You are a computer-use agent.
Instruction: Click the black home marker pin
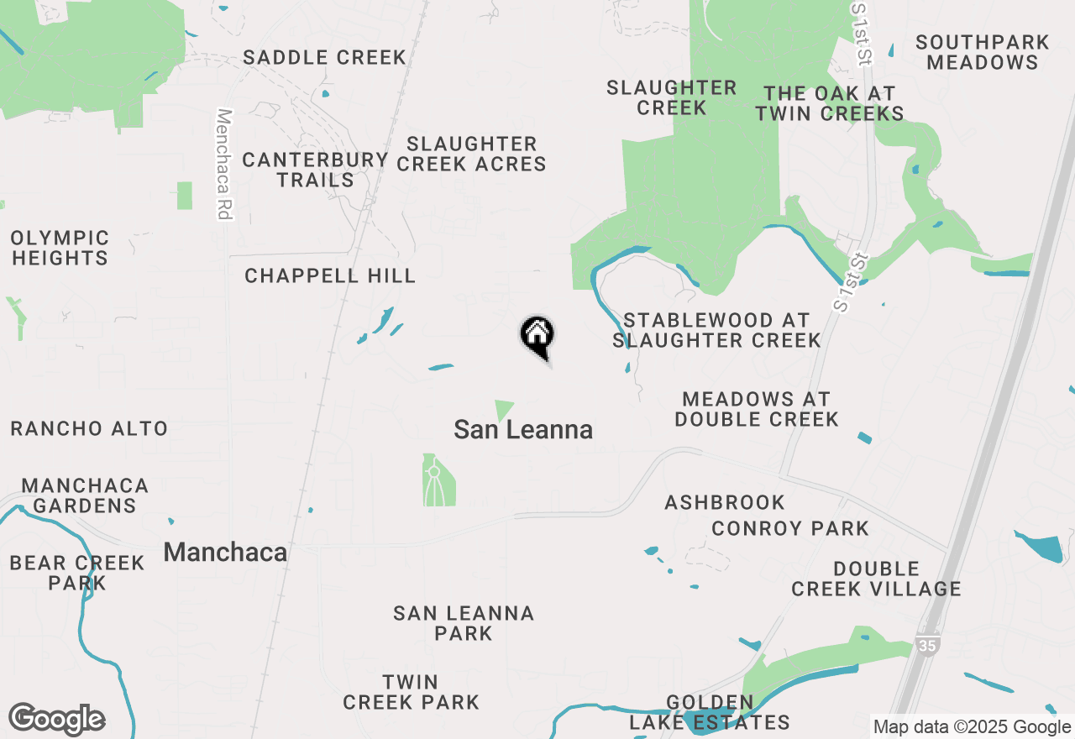[537, 336]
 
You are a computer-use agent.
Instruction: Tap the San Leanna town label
[523, 430]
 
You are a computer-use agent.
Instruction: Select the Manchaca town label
[225, 552]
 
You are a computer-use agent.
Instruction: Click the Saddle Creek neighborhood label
[324, 57]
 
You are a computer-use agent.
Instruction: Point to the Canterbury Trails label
[315, 170]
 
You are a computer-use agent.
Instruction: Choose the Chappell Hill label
[330, 275]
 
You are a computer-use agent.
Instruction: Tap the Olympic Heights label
[60, 248]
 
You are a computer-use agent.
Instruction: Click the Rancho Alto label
[89, 428]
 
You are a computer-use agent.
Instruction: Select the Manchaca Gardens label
[84, 495]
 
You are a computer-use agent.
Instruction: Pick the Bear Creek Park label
[77, 573]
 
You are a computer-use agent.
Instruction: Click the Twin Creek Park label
[411, 691]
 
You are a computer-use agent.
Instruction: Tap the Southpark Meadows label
[983, 52]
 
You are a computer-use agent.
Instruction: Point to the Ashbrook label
[725, 502]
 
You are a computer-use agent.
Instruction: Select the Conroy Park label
[789, 528]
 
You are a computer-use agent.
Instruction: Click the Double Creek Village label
[876, 579]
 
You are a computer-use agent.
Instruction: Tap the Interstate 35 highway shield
[927, 645]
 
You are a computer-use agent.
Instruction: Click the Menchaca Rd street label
[223, 164]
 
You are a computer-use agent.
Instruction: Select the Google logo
[56, 719]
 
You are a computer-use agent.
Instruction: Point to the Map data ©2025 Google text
[973, 727]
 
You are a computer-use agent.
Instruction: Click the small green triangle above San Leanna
[503, 409]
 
